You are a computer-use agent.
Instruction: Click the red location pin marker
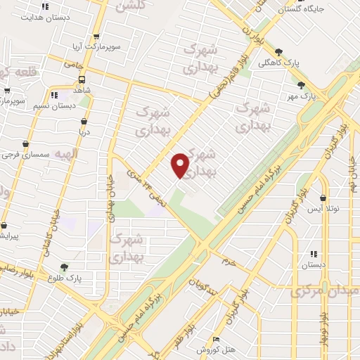point(181,165)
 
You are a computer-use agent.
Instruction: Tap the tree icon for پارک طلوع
point(65,267)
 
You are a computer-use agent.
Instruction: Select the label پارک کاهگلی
point(303,63)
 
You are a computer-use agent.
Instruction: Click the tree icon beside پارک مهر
point(301,85)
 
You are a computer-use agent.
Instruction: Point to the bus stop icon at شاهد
point(82,79)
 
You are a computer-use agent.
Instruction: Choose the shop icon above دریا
point(83,121)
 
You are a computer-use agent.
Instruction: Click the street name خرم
point(226,262)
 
